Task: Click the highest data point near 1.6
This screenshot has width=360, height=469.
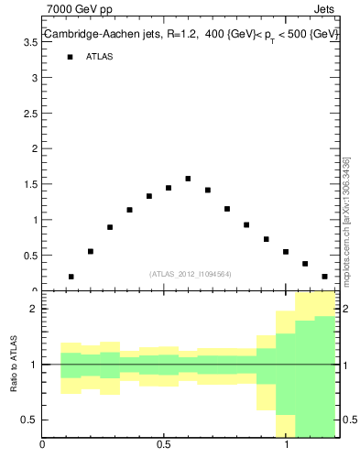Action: tap(188, 179)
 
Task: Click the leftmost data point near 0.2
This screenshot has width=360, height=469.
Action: tap(71, 277)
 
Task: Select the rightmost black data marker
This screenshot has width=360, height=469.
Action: tap(325, 277)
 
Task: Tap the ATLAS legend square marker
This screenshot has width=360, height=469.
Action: tap(70, 57)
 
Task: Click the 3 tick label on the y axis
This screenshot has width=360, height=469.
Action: tap(33, 78)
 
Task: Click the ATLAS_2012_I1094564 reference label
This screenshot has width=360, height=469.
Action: tap(191, 273)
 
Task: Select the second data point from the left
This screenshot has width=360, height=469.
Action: tap(91, 251)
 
